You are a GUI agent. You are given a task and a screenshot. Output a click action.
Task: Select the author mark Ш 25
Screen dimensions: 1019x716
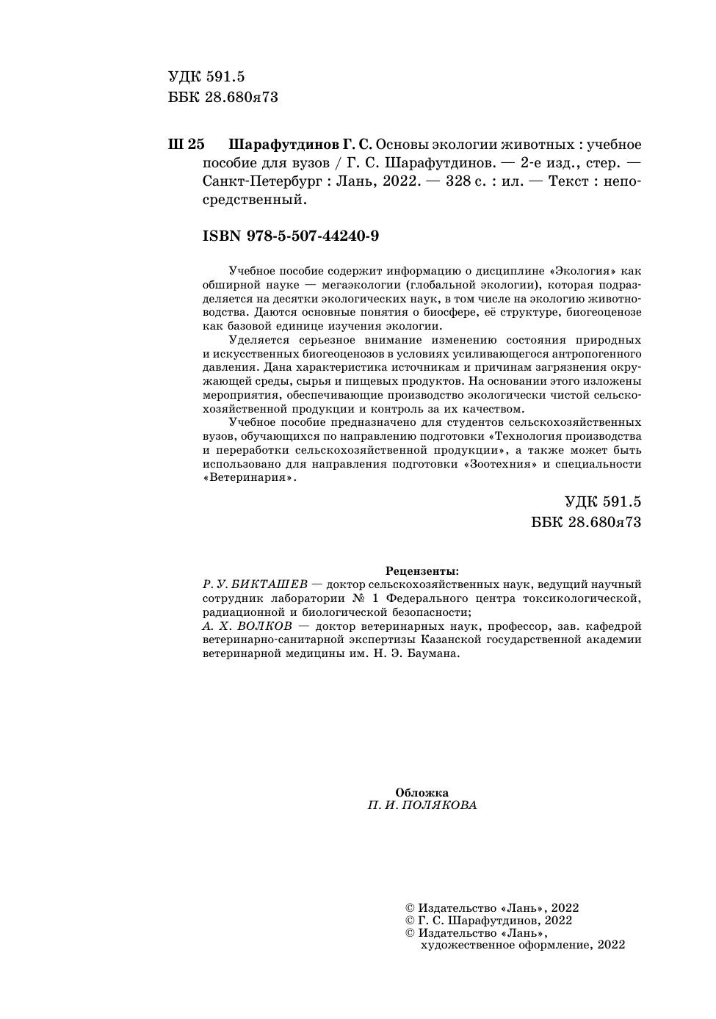pyautogui.click(x=187, y=145)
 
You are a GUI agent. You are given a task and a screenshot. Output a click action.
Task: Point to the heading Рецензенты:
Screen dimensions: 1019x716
pyautogui.click(x=422, y=570)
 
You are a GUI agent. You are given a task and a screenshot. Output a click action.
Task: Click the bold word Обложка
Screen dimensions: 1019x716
pyautogui.click(x=422, y=793)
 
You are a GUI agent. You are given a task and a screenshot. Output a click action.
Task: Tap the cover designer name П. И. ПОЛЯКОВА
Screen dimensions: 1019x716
pyautogui.click(x=422, y=805)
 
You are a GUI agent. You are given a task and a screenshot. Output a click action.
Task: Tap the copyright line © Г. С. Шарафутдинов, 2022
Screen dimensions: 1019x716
pyautogui.click(x=488, y=921)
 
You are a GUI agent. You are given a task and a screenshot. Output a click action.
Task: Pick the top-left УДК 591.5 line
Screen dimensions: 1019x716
pyautogui.click(x=206, y=77)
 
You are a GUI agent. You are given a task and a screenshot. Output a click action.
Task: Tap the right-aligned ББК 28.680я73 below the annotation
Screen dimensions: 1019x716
pyautogui.click(x=586, y=522)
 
